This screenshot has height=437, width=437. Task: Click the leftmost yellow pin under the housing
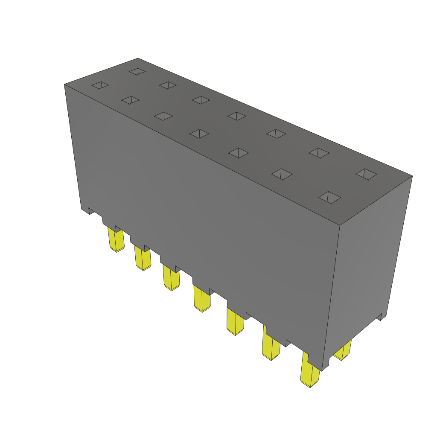pos(116,240)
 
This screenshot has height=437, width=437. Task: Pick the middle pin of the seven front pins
pos(202,298)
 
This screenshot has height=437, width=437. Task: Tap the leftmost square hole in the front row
pos(100,85)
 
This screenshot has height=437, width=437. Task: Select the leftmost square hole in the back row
pos(137,71)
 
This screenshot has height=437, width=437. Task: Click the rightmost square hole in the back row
pos(367,173)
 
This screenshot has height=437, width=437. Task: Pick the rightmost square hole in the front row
pos(330,197)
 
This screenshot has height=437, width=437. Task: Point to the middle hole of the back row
pos(238,116)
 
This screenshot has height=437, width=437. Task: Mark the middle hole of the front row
pos(199,134)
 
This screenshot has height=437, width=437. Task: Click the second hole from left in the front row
pos(130,100)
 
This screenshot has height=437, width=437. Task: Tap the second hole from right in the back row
pos(319,152)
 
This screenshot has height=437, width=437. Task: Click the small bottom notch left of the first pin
pos(91,210)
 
